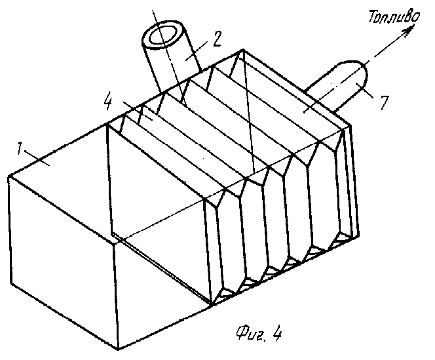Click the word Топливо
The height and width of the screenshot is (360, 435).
click(394, 16)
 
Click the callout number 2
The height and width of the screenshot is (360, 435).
click(217, 39)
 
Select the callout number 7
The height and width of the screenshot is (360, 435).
click(385, 103)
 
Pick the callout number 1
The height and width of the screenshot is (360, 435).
click(19, 148)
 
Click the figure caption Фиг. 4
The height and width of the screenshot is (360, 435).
click(259, 333)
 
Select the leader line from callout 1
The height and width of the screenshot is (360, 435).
click(37, 158)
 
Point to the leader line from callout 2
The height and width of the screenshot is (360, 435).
click(198, 50)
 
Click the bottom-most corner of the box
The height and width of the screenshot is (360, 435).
click(118, 349)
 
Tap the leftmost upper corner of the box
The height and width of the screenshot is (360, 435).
click(9, 176)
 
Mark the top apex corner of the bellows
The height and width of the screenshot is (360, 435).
click(243, 50)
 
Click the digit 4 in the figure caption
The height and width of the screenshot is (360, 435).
click(276, 333)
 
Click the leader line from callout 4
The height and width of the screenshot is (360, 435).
click(138, 111)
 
